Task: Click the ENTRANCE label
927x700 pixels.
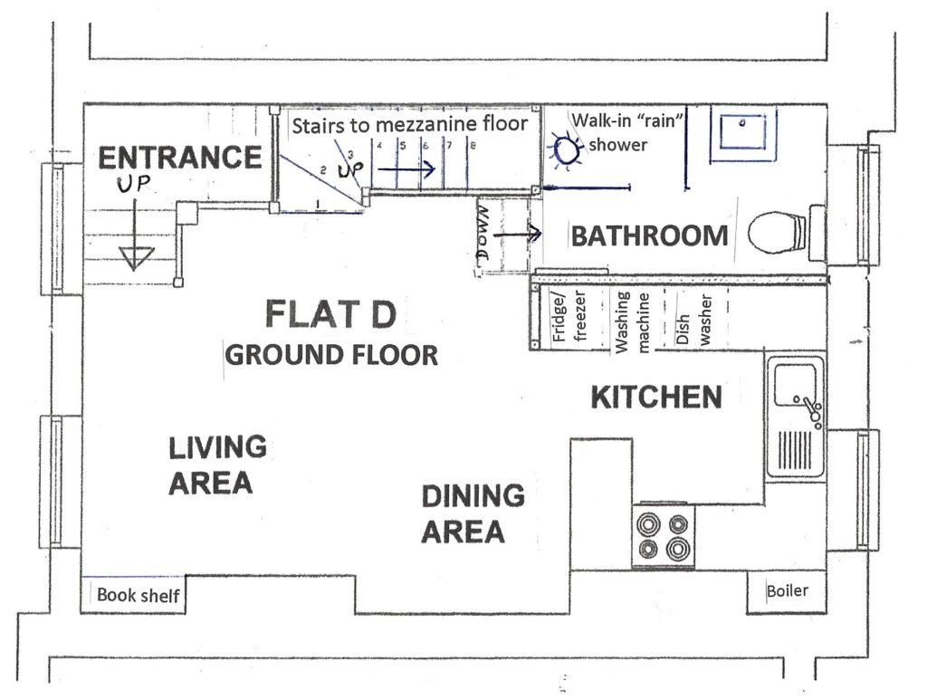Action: (180, 158)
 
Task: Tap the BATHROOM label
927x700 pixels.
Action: (649, 235)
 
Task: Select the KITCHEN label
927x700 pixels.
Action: (656, 398)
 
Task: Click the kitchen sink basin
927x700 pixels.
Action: (794, 386)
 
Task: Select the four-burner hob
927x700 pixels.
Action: (664, 536)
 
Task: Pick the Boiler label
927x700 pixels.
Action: (787, 590)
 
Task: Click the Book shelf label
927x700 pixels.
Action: (139, 595)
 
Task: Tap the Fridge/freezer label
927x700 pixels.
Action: (570, 316)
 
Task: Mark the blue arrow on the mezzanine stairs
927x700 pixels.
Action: (406, 169)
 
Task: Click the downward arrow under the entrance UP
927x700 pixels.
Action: (136, 235)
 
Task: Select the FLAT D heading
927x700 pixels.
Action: (330, 313)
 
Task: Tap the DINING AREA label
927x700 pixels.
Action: (473, 513)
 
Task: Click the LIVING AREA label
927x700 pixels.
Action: (217, 465)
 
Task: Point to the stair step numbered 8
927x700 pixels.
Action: (473, 145)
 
